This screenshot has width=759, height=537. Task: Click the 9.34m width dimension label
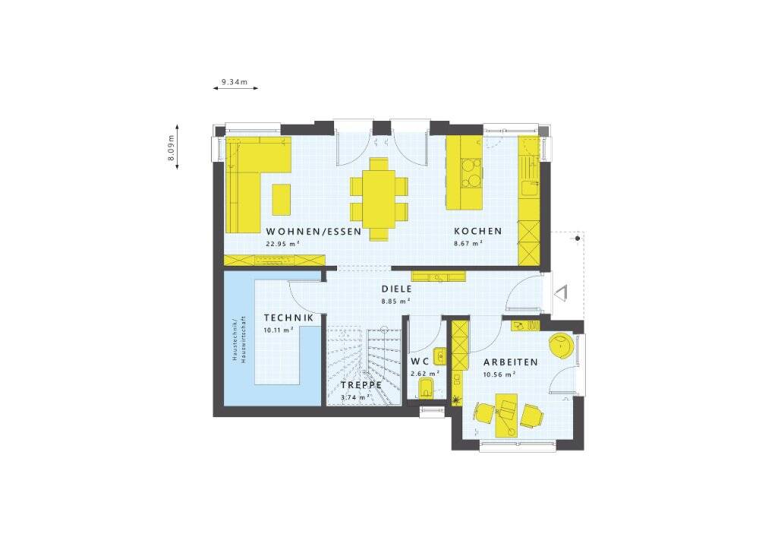pyautogui.click(x=235, y=82)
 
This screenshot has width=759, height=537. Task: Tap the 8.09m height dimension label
pyautogui.click(x=171, y=147)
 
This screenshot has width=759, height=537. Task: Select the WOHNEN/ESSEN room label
pyautogui.click(x=313, y=232)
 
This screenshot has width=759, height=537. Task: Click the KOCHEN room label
pyautogui.click(x=477, y=231)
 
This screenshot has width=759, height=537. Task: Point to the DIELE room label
pyautogui.click(x=396, y=289)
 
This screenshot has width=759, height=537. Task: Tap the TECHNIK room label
pyautogui.click(x=288, y=317)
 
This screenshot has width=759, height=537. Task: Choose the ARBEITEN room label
pyautogui.click(x=511, y=362)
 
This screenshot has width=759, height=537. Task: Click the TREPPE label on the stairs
pyautogui.click(x=361, y=385)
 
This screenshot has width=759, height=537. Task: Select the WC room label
pyautogui.click(x=420, y=362)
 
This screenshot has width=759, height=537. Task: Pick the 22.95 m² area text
pyautogui.click(x=282, y=244)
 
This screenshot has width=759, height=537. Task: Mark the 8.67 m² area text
pyautogui.click(x=468, y=244)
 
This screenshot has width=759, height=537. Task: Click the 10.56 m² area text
pyautogui.click(x=499, y=374)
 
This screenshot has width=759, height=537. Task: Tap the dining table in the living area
pyautogui.click(x=379, y=198)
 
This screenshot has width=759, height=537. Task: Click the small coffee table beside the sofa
pyautogui.click(x=282, y=199)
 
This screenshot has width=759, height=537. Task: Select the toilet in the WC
pyautogui.click(x=426, y=389)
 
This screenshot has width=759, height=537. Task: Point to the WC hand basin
pyautogui.click(x=439, y=356)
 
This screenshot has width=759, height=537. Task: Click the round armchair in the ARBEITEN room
pyautogui.click(x=562, y=346)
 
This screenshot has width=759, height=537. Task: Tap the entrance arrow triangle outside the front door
pyautogui.click(x=560, y=293)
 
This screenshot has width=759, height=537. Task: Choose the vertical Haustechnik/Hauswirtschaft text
pyautogui.click(x=238, y=340)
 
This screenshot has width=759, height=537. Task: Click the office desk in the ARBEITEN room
pyautogui.click(x=506, y=415)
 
